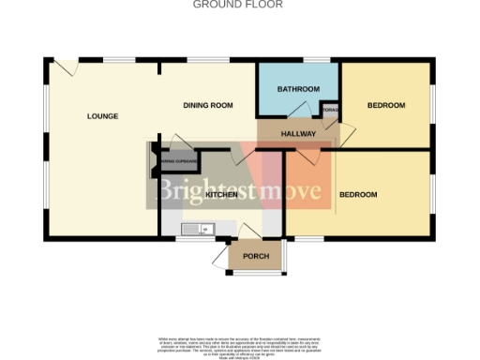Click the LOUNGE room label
click(102, 116)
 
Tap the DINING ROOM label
click(207, 105)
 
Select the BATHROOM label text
click(298, 89)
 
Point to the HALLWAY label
click(299, 134)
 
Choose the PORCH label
click(256, 256)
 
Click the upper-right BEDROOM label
click(385, 105)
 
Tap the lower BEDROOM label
click(357, 194)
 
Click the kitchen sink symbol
click(199, 228)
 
